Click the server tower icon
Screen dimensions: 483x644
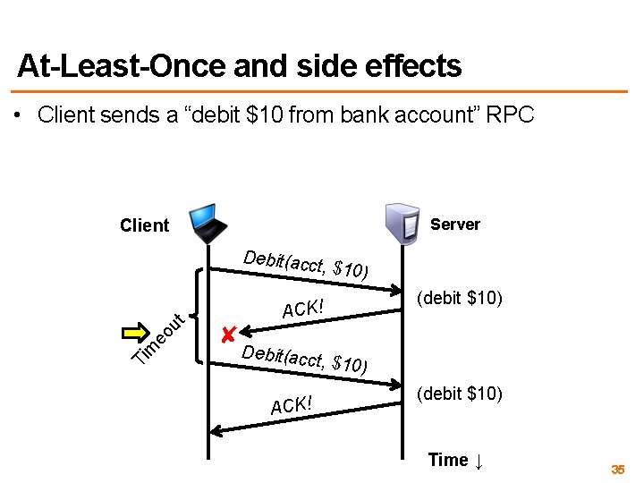(x=402, y=224)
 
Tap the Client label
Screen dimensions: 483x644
(x=144, y=225)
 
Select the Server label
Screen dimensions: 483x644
(x=454, y=225)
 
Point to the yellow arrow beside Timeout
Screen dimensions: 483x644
(x=136, y=333)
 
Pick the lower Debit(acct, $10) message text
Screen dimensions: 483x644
(x=304, y=358)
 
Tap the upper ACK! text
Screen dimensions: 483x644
(x=301, y=309)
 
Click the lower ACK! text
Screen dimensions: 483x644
(x=292, y=404)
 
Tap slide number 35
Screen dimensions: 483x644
(x=617, y=470)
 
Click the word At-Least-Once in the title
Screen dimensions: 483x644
(x=99, y=65)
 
